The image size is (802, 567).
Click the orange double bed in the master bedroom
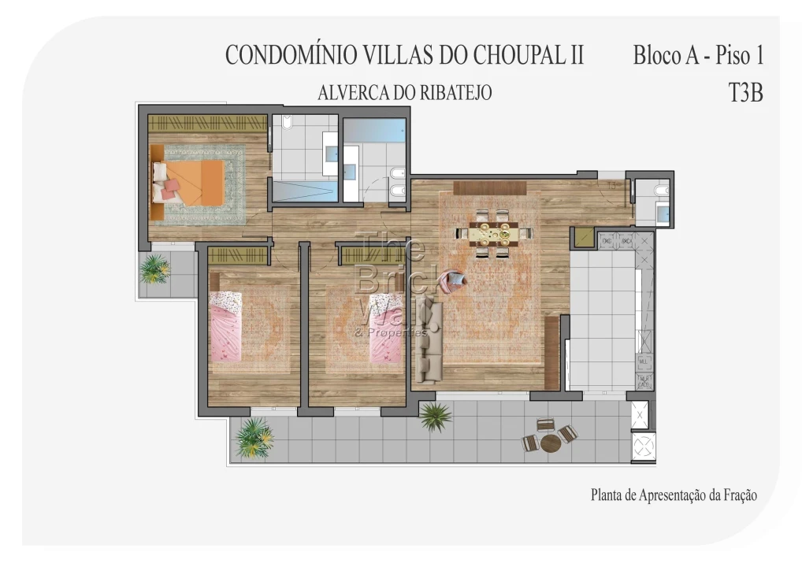tap(193, 181)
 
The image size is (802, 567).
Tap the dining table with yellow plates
tap(495, 233)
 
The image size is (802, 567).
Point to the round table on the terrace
tap(551, 442)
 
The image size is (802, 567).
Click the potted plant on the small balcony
tap(154, 269)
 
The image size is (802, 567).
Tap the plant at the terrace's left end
tap(254, 436)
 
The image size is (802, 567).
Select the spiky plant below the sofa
tap(435, 416)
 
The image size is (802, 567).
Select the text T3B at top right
tap(745, 93)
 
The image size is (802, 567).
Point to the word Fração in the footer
tap(737, 495)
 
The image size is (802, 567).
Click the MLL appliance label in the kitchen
tap(644, 362)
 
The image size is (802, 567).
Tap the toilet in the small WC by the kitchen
tap(662, 191)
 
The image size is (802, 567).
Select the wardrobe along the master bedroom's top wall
tap(207, 123)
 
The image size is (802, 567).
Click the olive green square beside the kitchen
tap(584, 237)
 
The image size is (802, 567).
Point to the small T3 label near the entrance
tap(612, 186)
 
